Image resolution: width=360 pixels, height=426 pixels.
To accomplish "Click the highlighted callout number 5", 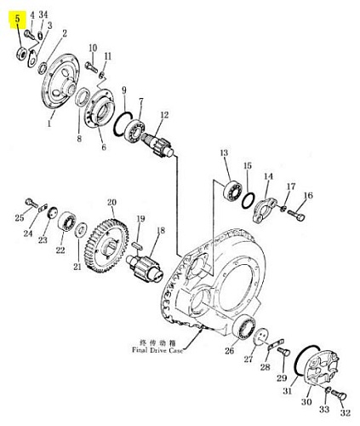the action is pos(18,19).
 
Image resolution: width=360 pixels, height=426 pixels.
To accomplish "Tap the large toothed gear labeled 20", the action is pos(106,246).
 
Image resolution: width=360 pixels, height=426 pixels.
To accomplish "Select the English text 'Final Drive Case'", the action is pos(157,350).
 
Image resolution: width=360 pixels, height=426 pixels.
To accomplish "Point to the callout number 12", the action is pos(164,115).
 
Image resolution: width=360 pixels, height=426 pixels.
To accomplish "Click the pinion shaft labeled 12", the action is pos(158,145).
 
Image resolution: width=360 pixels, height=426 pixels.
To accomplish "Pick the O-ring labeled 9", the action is pos(123,125).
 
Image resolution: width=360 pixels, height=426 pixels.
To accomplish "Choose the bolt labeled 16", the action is pos(296,215).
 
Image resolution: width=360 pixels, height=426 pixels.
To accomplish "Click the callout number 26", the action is pos(230,350).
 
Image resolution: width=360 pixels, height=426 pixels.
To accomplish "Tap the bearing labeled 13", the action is pos(233,191).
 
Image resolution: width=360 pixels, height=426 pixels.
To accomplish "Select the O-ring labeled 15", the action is pos(249,200).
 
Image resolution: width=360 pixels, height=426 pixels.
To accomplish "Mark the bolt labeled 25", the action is pos(31,203).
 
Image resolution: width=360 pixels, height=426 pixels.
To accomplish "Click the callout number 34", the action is pos(43,14).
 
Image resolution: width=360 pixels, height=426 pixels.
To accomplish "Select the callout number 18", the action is pos(161,230).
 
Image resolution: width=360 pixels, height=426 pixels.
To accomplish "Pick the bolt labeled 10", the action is pos(91,67).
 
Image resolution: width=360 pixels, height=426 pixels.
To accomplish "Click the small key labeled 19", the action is pos(137,245).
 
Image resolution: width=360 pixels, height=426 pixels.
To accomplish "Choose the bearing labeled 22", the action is pos(66,221).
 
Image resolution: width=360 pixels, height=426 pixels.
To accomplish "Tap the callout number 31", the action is pos(287,391).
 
